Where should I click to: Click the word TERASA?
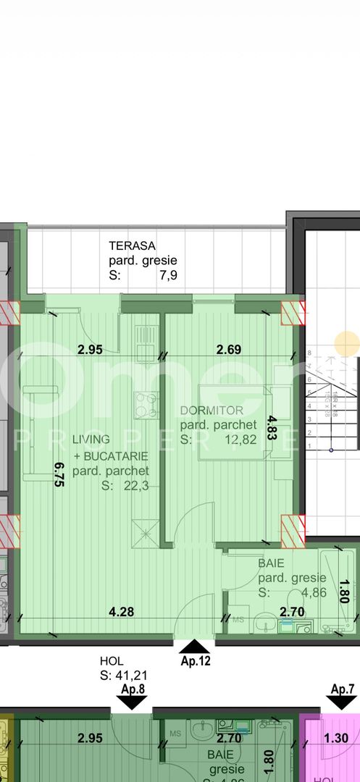(x=133, y=245)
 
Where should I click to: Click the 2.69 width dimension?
(x=230, y=350)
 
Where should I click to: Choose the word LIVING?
(x=91, y=439)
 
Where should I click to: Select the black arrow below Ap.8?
(x=135, y=701)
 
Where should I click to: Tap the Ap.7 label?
(x=343, y=689)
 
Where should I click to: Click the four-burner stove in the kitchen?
(x=147, y=405)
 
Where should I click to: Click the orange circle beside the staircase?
(x=347, y=343)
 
